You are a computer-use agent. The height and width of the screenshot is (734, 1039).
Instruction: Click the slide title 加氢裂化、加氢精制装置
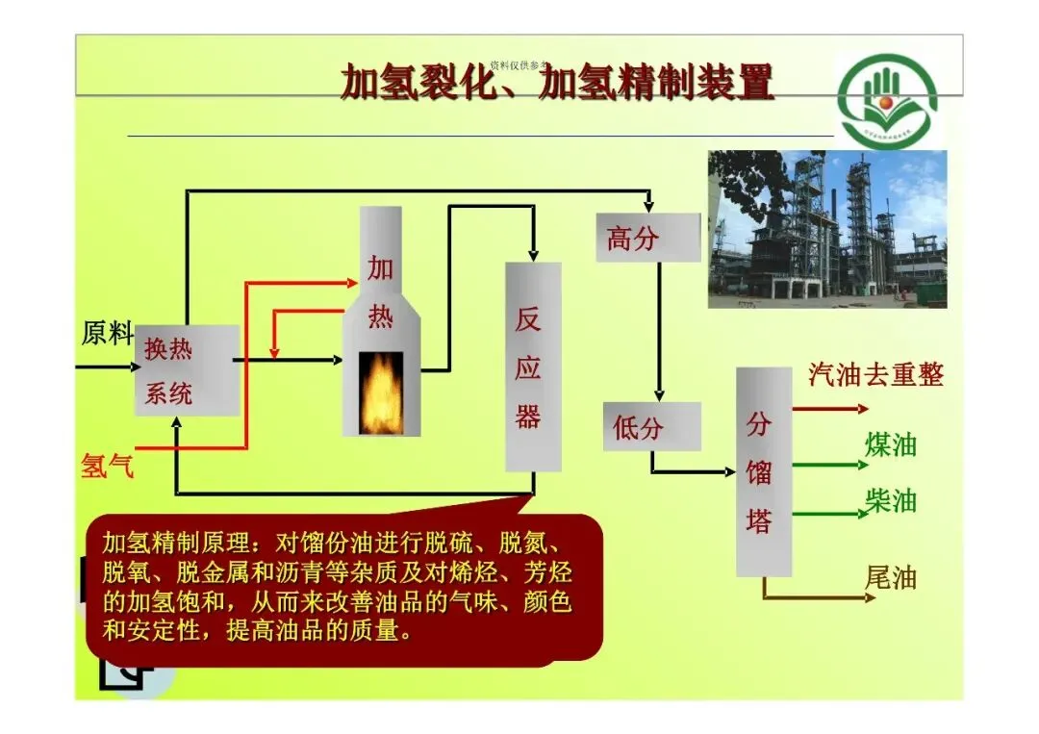click(x=557, y=83)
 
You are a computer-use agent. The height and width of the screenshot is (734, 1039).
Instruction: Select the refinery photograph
click(x=827, y=229)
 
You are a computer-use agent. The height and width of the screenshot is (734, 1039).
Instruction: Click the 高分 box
click(x=647, y=237)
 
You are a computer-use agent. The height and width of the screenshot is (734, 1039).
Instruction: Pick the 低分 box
click(x=651, y=427)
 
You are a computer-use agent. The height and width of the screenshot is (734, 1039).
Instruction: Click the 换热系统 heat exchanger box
click(x=186, y=370)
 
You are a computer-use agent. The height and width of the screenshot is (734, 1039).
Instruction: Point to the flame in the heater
click(x=381, y=393)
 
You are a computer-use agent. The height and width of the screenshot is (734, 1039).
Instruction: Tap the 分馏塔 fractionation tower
click(x=763, y=471)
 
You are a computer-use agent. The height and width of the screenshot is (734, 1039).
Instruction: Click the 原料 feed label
click(x=106, y=334)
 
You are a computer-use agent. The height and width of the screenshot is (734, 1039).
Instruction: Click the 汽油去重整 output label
click(x=875, y=374)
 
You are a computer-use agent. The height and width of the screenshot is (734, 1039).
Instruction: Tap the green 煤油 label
click(x=891, y=444)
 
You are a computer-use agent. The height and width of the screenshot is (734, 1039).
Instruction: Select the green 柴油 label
click(x=891, y=501)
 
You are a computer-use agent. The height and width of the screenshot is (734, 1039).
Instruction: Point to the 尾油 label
click(x=891, y=577)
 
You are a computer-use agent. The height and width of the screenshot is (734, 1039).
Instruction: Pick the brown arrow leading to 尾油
click(x=818, y=596)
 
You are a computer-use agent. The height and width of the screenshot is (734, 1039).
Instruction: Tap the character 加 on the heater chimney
click(x=381, y=268)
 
